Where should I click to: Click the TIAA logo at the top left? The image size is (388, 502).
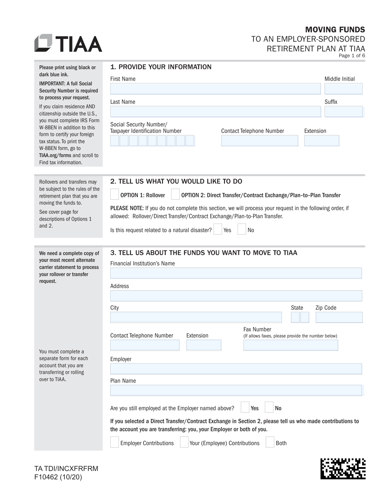click(x=68, y=43)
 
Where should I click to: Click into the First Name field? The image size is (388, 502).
click(x=215, y=89)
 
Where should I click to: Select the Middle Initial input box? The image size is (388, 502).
click(x=343, y=89)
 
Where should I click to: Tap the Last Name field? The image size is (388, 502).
click(x=215, y=112)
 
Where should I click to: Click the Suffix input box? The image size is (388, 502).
click(x=343, y=112)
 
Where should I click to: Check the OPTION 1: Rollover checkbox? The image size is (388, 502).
click(x=114, y=195)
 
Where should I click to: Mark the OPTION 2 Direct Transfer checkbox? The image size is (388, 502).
click(x=175, y=195)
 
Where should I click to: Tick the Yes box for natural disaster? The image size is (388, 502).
click(x=218, y=230)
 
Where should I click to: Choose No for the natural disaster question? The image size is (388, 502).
click(x=242, y=230)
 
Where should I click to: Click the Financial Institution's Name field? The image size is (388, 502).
click(x=236, y=273)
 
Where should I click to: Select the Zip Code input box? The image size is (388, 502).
click(x=339, y=317)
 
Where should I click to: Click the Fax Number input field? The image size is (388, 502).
click(x=290, y=345)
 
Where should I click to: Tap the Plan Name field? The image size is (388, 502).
click(x=236, y=390)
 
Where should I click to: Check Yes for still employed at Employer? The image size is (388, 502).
click(x=245, y=408)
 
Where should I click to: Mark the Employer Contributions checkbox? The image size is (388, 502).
click(x=114, y=442)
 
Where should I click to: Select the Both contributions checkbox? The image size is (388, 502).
click(x=270, y=442)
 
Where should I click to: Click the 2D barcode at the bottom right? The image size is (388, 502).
click(x=343, y=468)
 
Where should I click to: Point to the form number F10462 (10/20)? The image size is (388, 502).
click(x=58, y=477)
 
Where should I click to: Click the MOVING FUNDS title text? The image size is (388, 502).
click(x=335, y=30)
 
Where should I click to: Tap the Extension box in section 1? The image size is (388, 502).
click(x=321, y=141)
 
